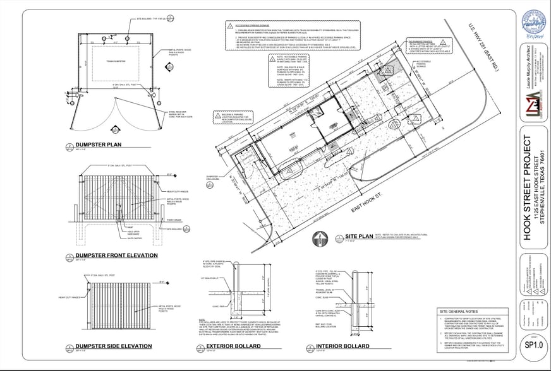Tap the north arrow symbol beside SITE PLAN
[320, 238]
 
